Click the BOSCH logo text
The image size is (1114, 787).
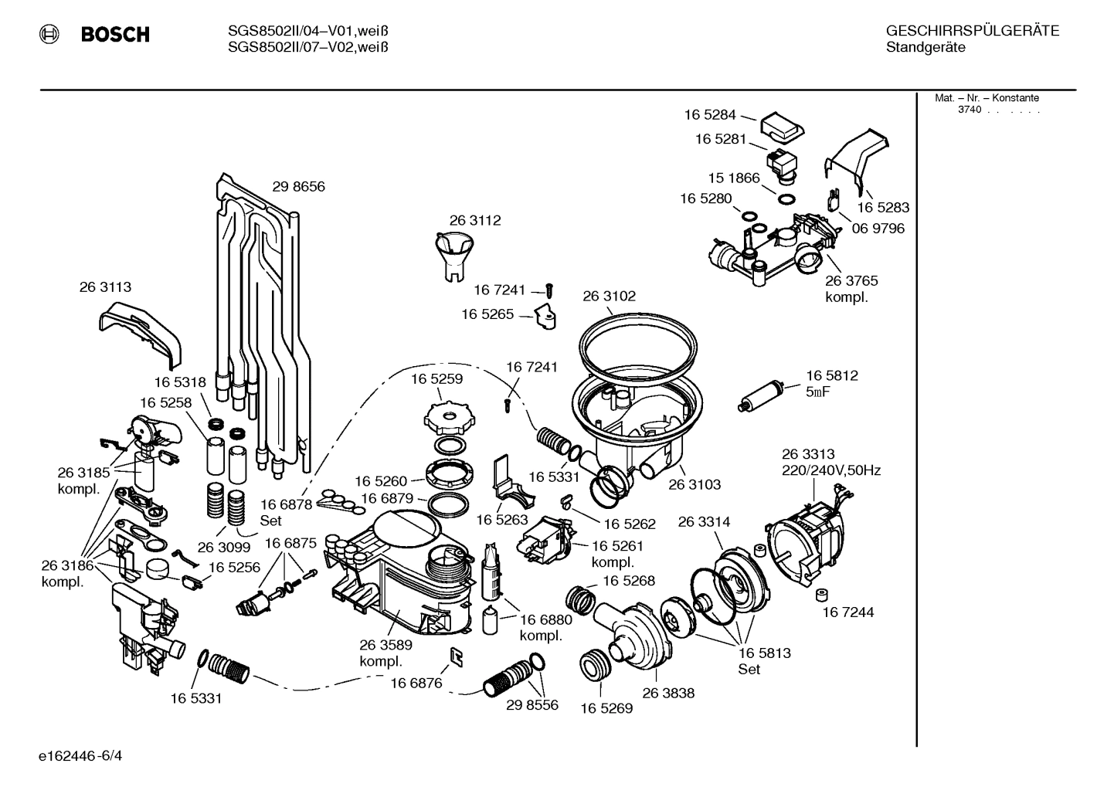click(x=114, y=34)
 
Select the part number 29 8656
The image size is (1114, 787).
click(x=298, y=186)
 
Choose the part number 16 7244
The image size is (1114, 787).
click(x=847, y=612)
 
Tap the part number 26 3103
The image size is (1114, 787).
click(x=694, y=484)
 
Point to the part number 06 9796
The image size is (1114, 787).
click(x=878, y=229)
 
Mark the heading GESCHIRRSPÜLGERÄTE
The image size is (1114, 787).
click(x=972, y=31)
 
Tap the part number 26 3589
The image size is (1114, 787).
click(x=385, y=645)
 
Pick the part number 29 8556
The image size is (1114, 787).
click(x=532, y=705)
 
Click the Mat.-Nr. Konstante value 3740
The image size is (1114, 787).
click(x=969, y=110)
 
